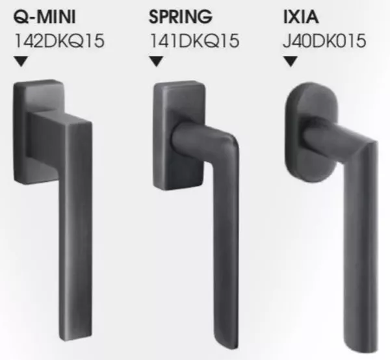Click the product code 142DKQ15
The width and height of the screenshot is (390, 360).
pos(58,41)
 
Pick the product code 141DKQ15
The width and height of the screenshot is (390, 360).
pos(194,41)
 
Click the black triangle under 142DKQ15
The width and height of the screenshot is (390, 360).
pos(22,62)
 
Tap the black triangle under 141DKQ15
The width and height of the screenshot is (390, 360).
pos(157,62)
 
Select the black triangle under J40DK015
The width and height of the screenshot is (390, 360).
pos(291,62)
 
